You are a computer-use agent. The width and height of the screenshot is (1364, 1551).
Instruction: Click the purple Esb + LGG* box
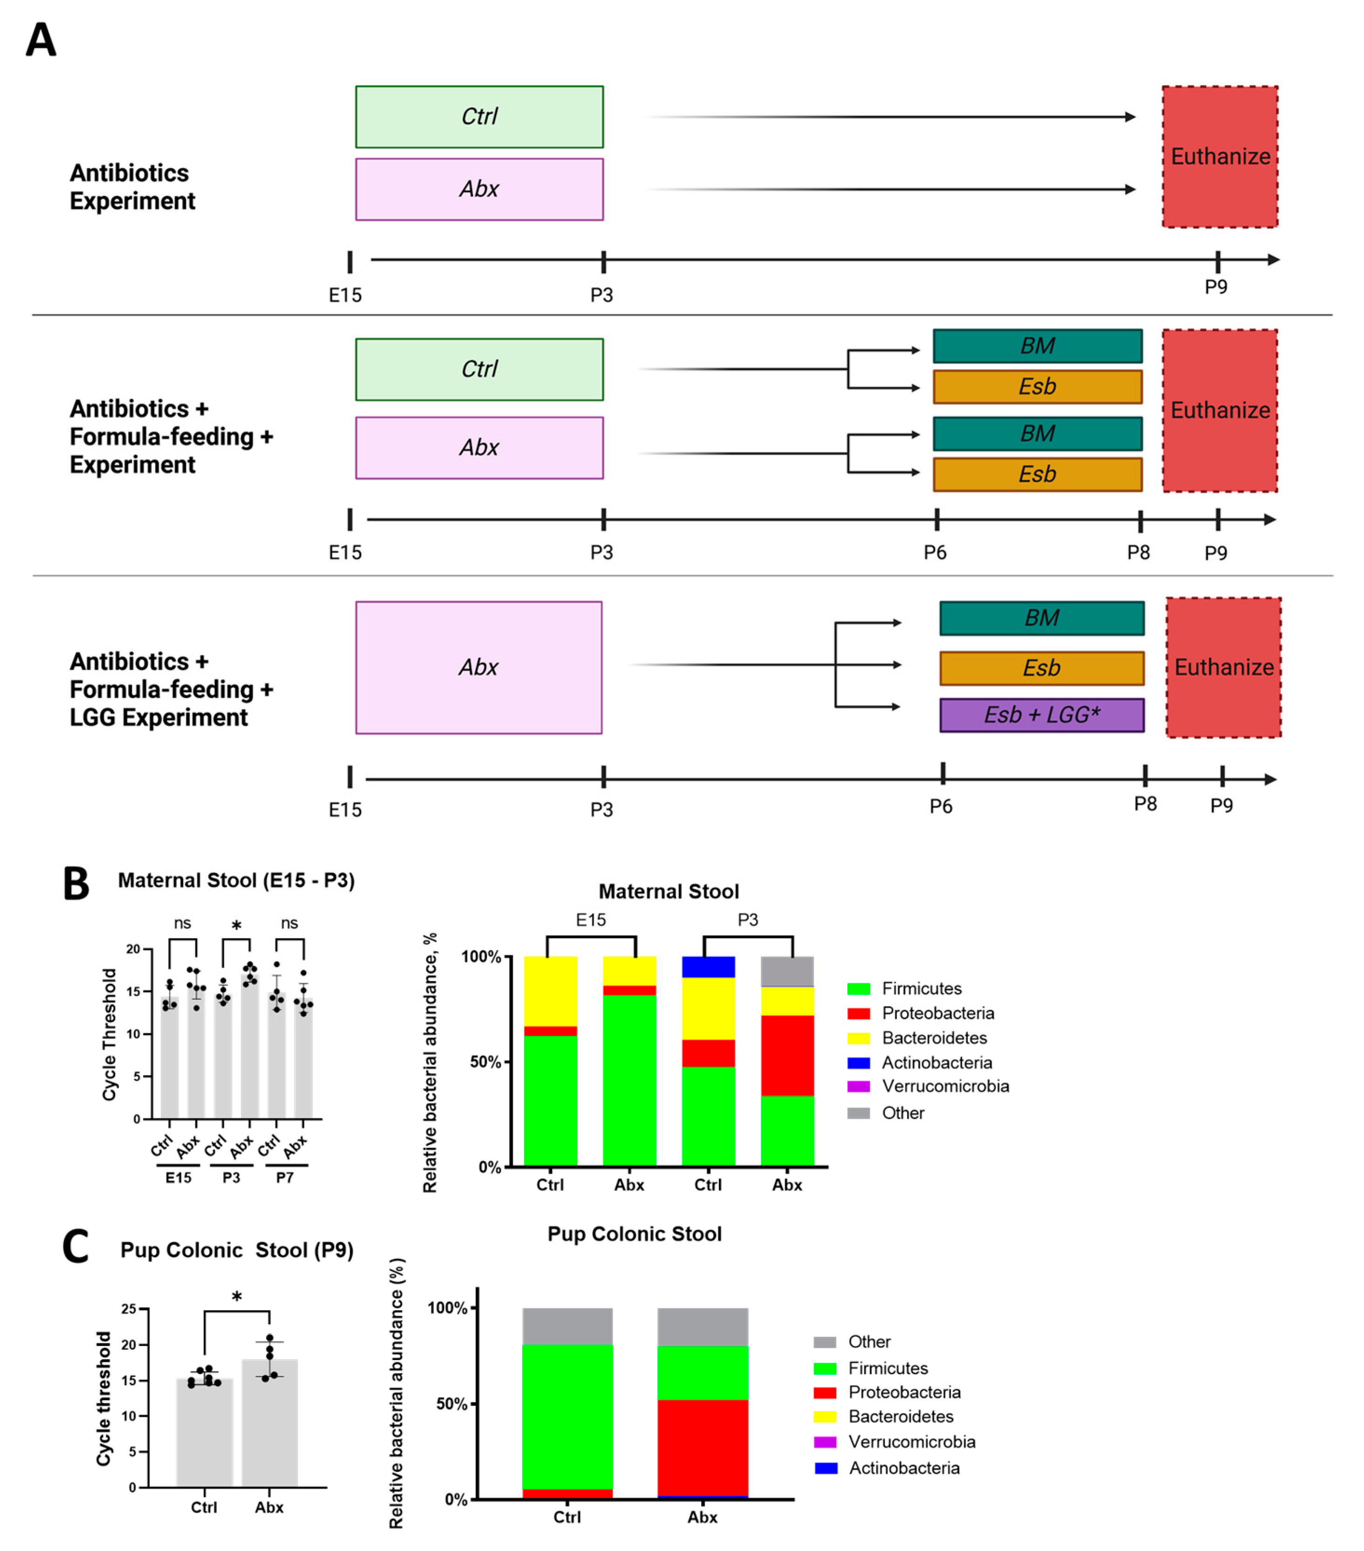pos(1042,715)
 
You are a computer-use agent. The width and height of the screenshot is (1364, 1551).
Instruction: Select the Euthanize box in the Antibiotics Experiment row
pos(1220,156)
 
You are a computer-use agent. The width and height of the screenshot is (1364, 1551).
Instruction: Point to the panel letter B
pos(76,884)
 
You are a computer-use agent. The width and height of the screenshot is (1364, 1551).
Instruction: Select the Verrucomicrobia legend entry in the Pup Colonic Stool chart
pos(911,1442)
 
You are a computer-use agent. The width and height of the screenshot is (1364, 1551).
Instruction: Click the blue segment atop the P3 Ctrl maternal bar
pos(708,967)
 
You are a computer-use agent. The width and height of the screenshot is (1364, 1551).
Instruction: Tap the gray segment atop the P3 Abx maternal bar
pos(787,971)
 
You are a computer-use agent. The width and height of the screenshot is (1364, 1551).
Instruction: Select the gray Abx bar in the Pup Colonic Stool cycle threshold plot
pos(269,1427)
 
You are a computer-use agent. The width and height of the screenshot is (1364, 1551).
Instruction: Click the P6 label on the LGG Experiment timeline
pos(941,806)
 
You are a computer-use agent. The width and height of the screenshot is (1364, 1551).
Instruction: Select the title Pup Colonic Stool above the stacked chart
pos(634,1234)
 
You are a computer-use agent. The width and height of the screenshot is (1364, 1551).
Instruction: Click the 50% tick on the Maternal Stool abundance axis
pos(485,1061)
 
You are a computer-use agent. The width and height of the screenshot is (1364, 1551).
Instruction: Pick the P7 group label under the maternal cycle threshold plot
pos(285,1177)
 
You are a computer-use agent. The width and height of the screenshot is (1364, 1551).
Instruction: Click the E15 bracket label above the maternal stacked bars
pos(591,920)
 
